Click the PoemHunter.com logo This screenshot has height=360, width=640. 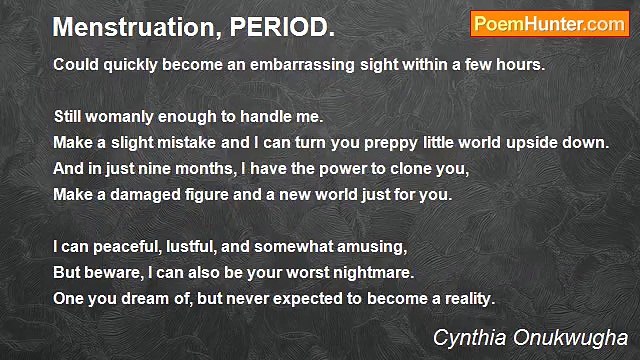[x=549, y=25]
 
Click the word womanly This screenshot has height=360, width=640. [x=127, y=116]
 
